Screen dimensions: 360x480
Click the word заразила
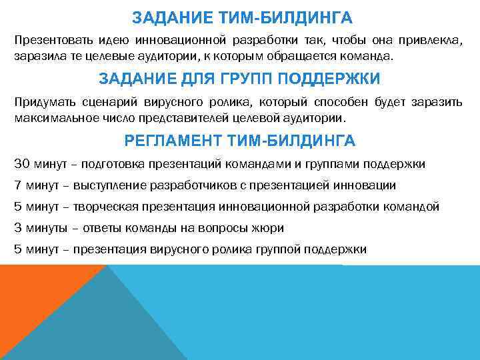coord(37,57)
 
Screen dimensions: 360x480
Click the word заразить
coord(438,103)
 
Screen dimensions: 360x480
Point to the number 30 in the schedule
coord(21,164)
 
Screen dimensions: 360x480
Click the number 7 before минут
coord(17,185)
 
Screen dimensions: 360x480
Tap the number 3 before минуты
coord(17,228)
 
